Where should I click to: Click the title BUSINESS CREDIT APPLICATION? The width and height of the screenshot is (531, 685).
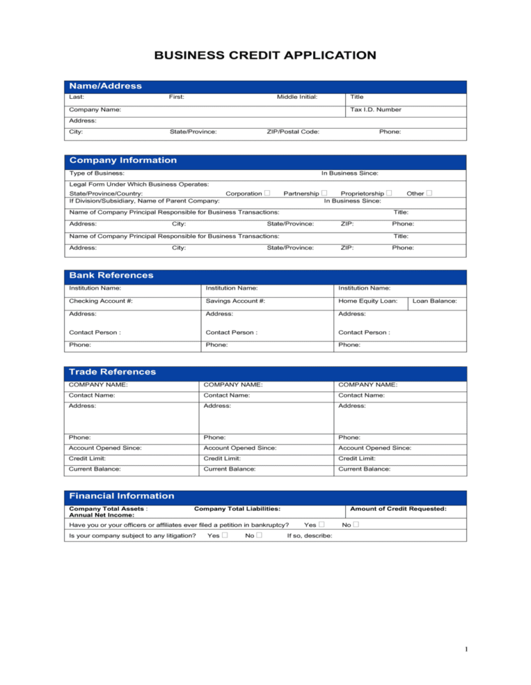265,55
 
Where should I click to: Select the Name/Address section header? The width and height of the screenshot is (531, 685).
104,86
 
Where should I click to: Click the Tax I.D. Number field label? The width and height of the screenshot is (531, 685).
375,109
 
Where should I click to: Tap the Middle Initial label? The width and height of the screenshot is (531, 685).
297,97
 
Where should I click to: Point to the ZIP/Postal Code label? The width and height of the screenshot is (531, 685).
292,131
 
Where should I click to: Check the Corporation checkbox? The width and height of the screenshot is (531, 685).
267,194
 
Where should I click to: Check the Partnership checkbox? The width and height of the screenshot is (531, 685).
323,194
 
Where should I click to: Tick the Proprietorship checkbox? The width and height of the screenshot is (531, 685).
390,194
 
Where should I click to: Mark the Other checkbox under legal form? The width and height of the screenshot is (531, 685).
429,194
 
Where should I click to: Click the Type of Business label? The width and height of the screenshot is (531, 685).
97,173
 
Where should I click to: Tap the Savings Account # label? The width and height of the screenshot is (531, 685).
236,301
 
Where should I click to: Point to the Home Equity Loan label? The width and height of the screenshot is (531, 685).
368,301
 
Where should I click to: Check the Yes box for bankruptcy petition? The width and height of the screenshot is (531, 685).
322,524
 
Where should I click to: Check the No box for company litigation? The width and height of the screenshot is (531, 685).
259,536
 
